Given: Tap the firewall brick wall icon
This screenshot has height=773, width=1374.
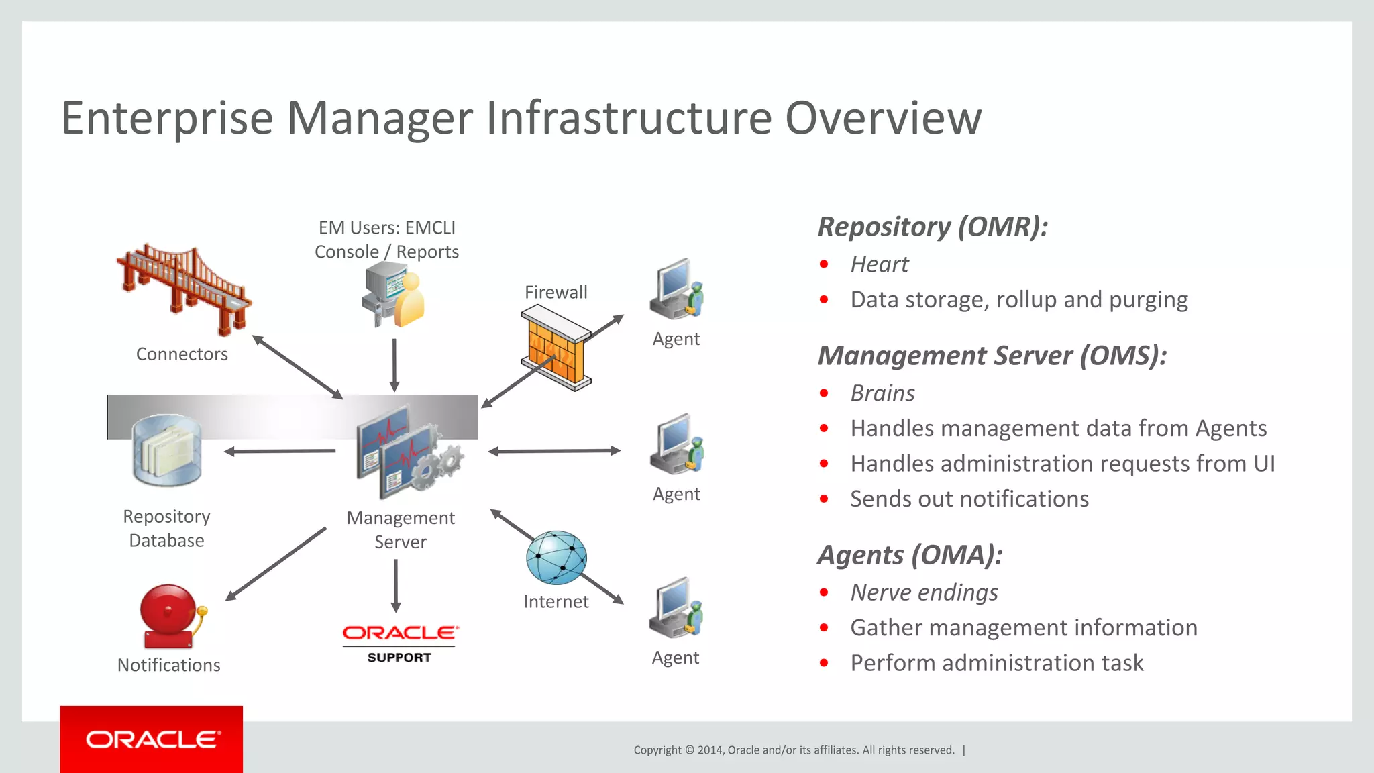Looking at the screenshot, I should click(x=556, y=348).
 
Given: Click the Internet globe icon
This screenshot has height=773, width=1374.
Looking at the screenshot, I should click(x=556, y=558).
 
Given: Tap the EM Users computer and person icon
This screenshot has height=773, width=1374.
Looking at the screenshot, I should click(x=394, y=295).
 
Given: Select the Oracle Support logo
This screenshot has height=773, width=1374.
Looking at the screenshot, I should click(x=400, y=643).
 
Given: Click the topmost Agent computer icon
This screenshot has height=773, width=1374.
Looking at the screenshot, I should click(x=676, y=289).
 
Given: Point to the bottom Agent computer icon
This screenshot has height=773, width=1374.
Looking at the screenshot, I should click(x=676, y=608).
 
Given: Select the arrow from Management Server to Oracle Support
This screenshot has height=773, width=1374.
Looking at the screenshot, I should click(x=396, y=585).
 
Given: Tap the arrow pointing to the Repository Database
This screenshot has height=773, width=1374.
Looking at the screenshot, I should click(x=280, y=451).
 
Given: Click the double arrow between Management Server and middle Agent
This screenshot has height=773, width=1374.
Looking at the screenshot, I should click(x=554, y=451).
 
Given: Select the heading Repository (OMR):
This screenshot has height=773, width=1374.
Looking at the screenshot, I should click(x=933, y=227).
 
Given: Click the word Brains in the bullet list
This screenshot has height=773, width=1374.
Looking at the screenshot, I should click(x=882, y=393).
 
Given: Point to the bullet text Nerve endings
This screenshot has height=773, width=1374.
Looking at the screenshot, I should click(x=924, y=592).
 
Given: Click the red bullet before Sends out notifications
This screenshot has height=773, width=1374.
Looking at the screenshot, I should click(x=824, y=499).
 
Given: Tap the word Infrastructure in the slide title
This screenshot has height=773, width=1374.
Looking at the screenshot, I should click(x=629, y=119).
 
